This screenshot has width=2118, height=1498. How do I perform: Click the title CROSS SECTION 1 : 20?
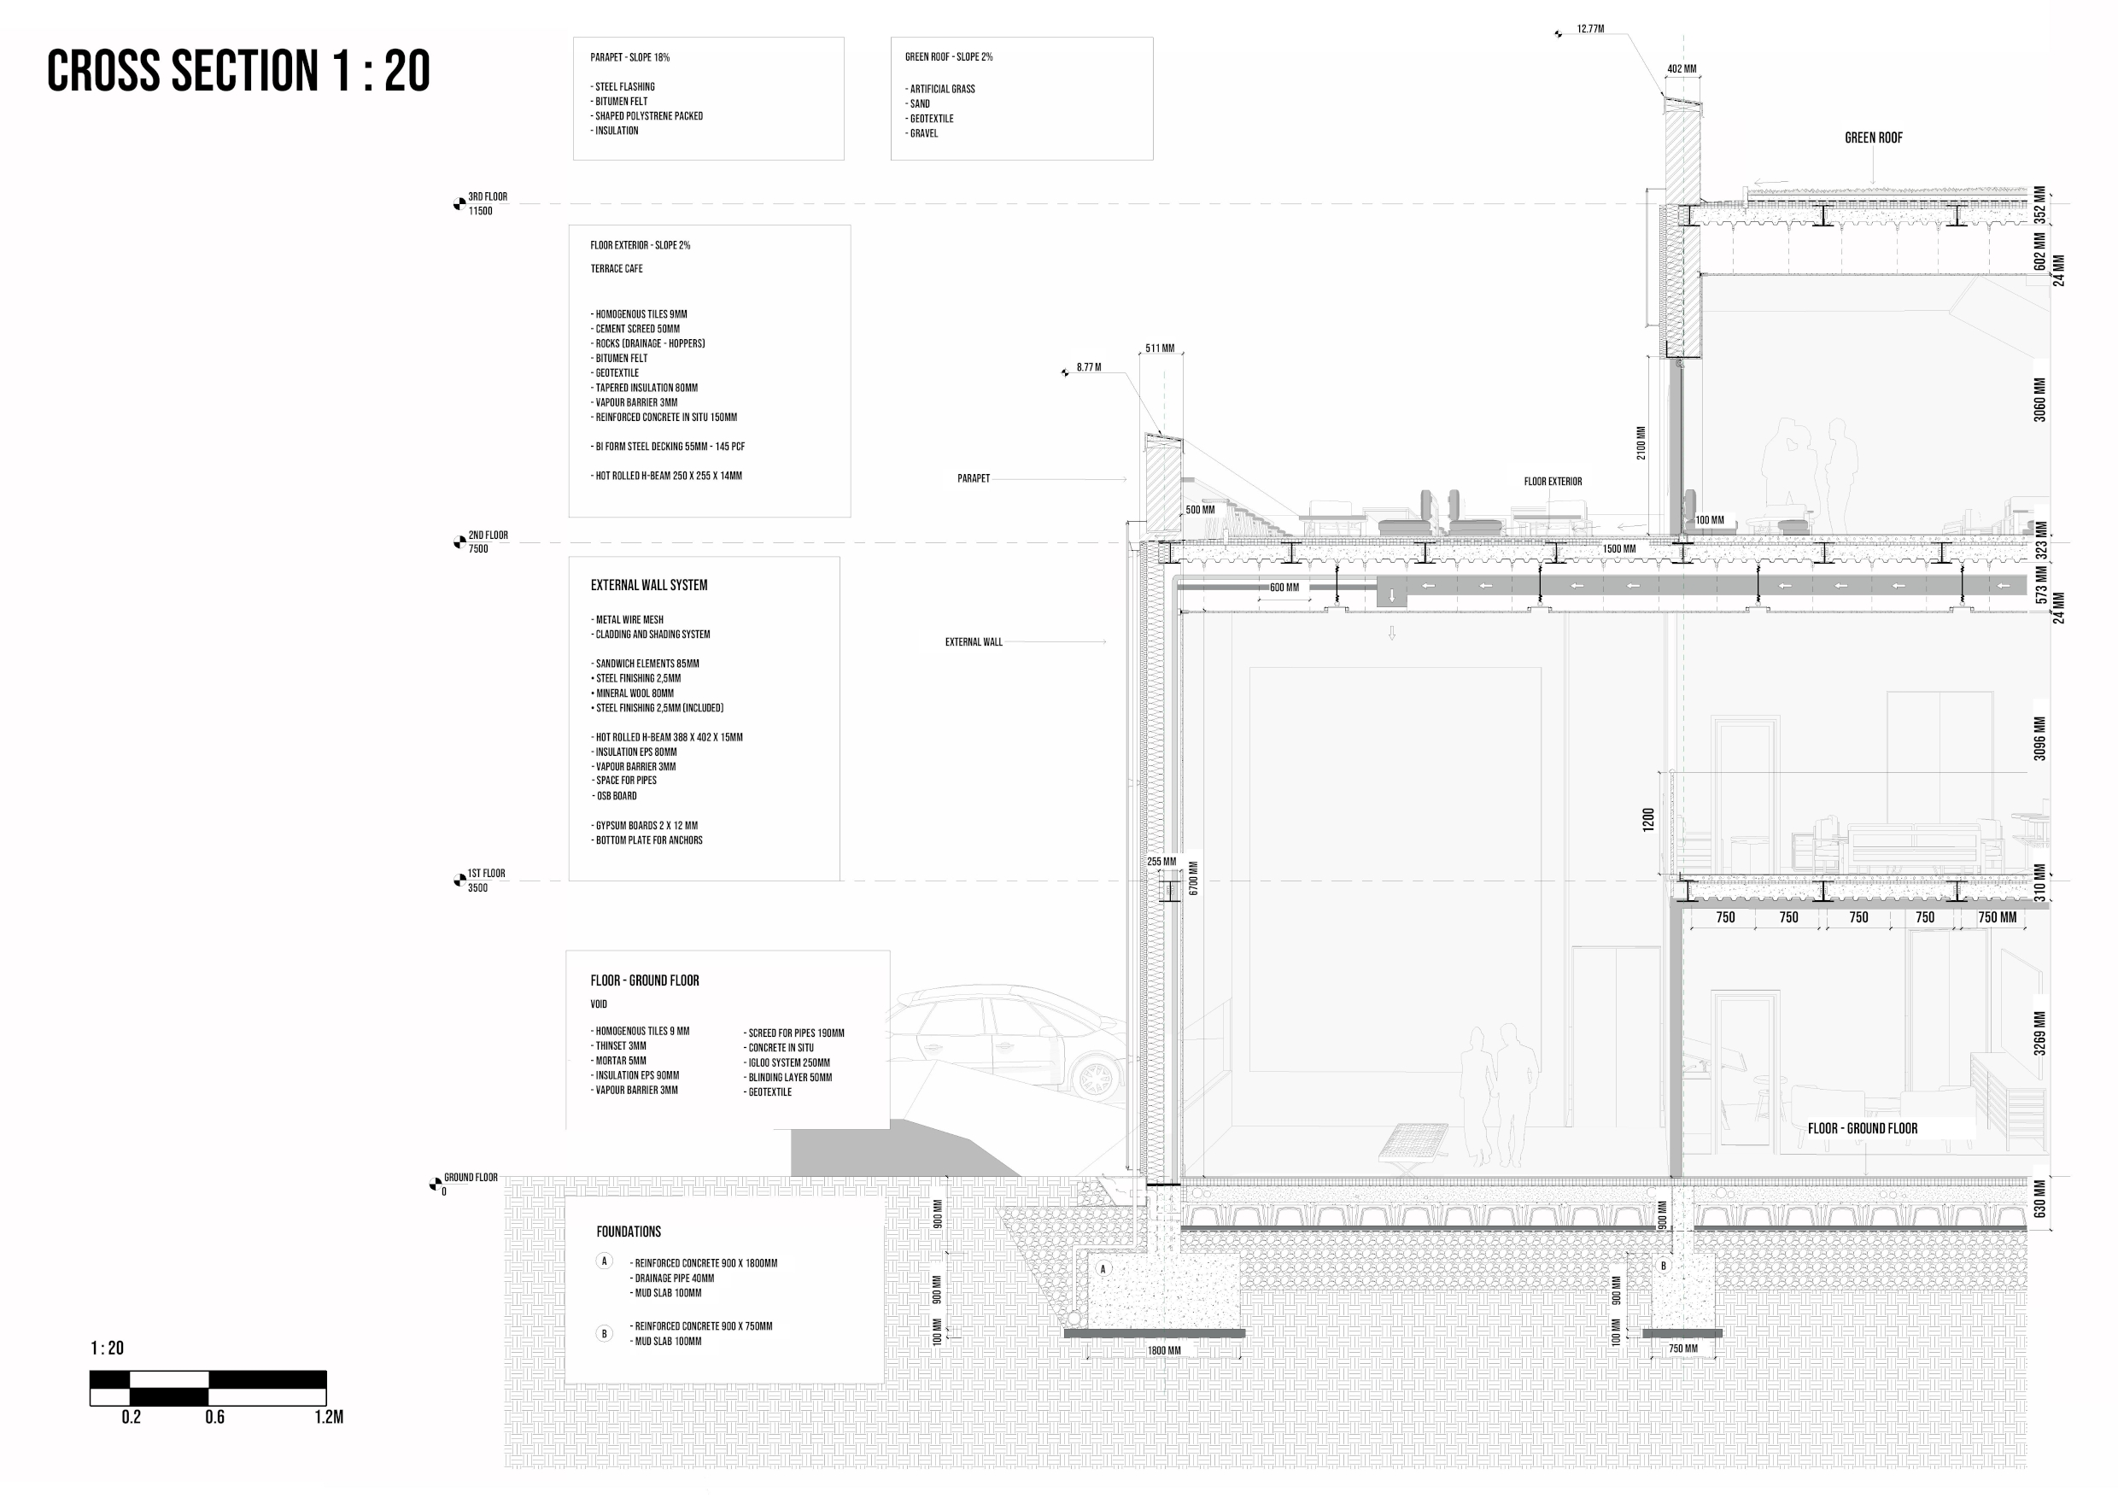coord(238,71)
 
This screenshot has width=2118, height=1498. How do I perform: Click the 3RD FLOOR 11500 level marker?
coord(485,204)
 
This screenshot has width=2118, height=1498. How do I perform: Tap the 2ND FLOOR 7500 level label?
coord(486,542)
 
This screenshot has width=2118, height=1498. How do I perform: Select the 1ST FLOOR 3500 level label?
coord(484,881)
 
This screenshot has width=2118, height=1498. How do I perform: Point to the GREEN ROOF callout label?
coord(1873,138)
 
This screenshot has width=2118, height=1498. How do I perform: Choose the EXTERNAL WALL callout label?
coord(974,642)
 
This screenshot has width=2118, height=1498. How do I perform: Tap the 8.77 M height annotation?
coord(1089,367)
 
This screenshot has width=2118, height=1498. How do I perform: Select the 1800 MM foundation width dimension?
coord(1163,1350)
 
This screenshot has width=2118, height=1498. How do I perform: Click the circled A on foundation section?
coord(1103,1269)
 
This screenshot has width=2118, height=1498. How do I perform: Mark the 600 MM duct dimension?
coord(1284,588)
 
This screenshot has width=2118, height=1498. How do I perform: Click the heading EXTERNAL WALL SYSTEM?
coord(648,586)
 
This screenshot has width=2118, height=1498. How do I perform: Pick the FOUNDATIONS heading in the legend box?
coord(629,1232)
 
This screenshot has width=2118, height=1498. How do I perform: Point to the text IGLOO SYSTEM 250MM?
coord(789,1062)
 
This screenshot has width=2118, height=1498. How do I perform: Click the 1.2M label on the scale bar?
coord(329,1418)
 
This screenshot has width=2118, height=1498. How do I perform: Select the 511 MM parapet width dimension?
coord(1160,348)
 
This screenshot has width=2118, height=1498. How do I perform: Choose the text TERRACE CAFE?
coord(617,269)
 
